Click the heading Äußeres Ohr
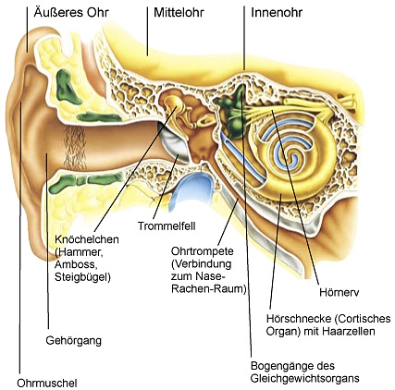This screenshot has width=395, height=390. (71, 13)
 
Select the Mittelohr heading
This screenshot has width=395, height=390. (179, 13)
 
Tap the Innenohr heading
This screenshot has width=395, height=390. (277, 13)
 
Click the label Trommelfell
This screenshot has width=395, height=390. (167, 226)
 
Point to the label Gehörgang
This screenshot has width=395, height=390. (74, 341)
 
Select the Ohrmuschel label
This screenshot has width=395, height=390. (47, 384)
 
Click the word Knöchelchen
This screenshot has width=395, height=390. (87, 239)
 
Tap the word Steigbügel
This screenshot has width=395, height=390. (82, 277)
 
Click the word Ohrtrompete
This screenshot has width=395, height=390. (203, 251)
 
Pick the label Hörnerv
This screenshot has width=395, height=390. (339, 292)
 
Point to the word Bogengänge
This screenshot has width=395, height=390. (279, 367)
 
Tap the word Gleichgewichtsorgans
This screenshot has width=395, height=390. (304, 379)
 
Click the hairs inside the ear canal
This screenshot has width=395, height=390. (74, 147)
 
